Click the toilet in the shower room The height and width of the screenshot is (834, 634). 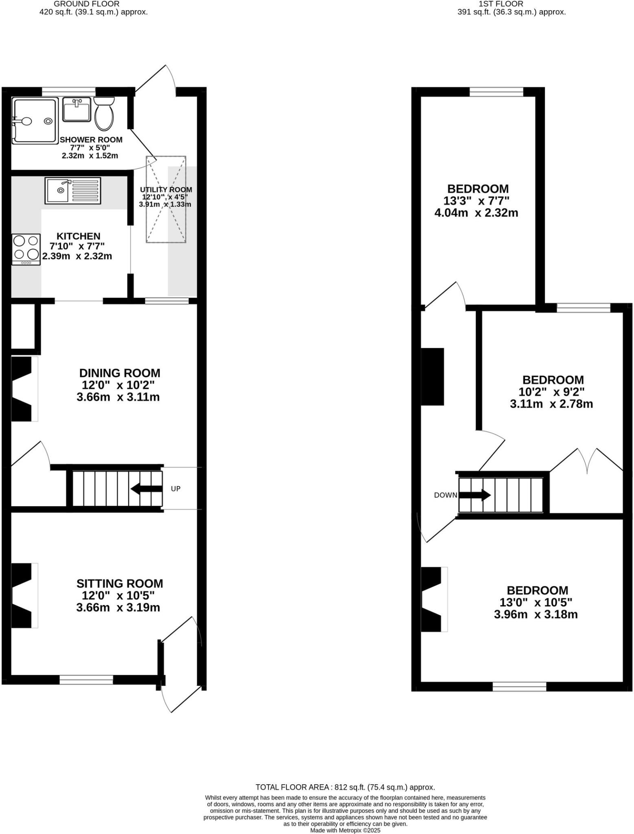tap(104, 114)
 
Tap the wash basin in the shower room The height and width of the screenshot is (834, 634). tap(77, 109)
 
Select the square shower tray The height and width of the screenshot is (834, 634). tap(35, 121)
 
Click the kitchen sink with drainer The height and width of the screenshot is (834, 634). tap(73, 190)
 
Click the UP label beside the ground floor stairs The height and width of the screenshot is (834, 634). tap(175, 489)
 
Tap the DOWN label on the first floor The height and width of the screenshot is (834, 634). tap(446, 495)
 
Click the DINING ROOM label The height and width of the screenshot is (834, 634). tap(120, 373)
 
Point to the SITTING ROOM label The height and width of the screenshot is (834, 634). tap(120, 584)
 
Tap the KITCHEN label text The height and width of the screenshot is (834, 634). tap(78, 236)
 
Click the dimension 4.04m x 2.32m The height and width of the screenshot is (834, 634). tap(477, 213)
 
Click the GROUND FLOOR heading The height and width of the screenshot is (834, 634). tap(87, 4)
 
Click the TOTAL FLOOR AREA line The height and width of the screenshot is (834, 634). tap(345, 787)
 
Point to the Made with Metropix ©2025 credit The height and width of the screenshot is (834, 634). tap(345, 830)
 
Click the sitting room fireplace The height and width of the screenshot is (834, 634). tap(23, 595)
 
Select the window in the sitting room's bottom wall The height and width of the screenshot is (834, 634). tap(86, 679)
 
